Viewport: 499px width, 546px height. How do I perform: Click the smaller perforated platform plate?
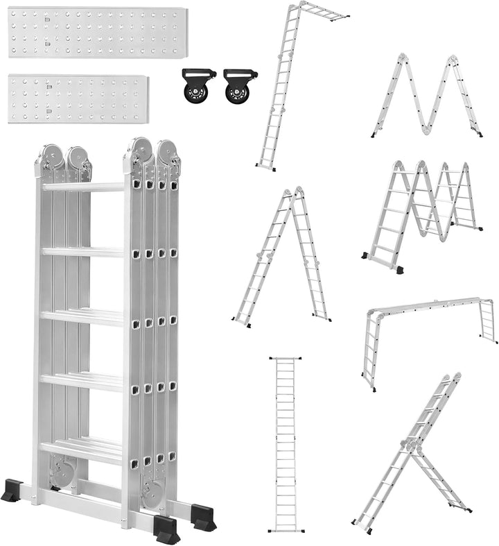tap(78, 99)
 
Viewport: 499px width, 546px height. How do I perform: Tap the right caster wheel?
tap(236, 87)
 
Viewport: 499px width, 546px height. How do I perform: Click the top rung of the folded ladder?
tap(82, 187)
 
